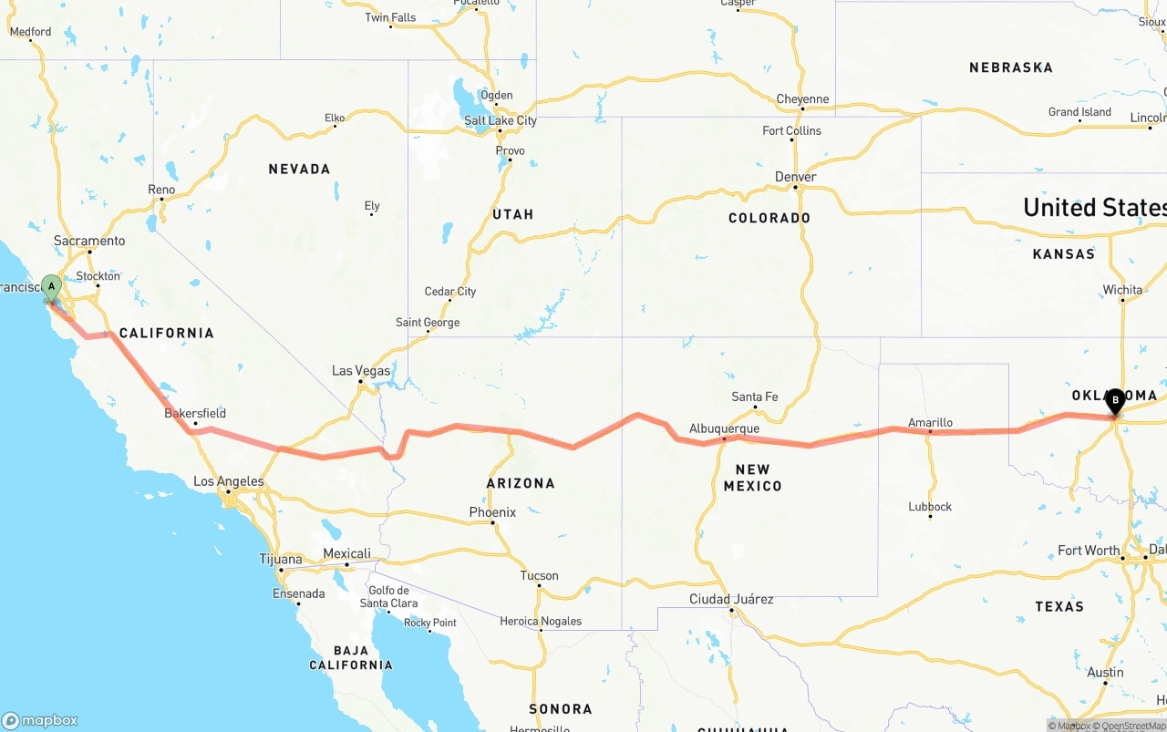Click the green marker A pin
52,287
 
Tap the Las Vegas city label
361,371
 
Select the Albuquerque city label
724,428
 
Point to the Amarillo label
930,422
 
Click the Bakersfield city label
195,413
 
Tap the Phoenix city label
492,512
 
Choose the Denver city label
796,177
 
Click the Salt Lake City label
501,120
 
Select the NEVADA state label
299,169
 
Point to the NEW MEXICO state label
752,478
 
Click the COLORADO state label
769,218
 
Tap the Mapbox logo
40,720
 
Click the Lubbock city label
930,507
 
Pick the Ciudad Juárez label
731,599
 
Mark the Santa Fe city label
755,397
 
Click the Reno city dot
162,199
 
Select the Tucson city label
539,575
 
